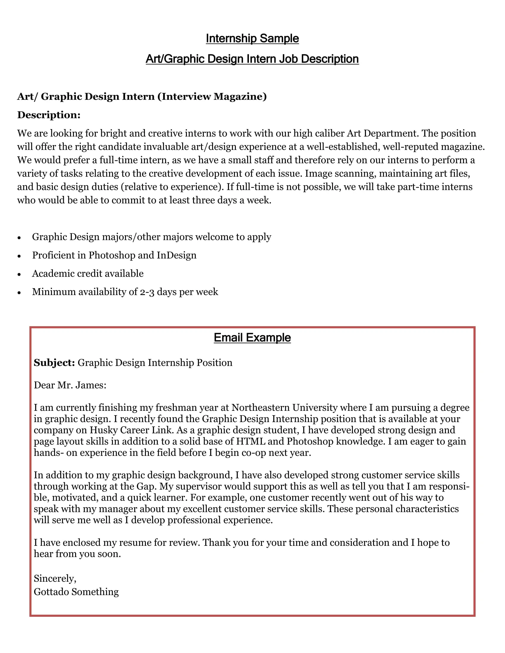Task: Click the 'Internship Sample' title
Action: (252, 38)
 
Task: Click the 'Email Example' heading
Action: (252, 337)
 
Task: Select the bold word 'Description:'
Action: (49, 115)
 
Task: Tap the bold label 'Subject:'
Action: (54, 363)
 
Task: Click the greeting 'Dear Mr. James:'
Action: (70, 385)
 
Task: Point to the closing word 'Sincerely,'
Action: (55, 578)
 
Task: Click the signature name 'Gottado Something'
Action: (76, 592)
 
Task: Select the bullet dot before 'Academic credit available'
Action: (19, 274)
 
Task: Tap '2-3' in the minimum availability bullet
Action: (147, 292)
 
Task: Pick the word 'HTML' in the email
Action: (251, 442)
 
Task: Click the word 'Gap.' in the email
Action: (146, 486)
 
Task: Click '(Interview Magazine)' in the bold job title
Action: (212, 96)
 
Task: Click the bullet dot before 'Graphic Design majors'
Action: (19, 238)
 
